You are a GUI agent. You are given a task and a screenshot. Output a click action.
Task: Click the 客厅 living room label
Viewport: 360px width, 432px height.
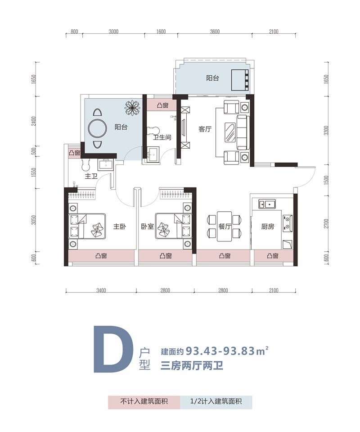click(205, 129)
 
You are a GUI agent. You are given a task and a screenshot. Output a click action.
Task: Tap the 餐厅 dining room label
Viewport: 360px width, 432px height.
click(225, 227)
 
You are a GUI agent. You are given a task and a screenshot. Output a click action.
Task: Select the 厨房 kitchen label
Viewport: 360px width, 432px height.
click(268, 227)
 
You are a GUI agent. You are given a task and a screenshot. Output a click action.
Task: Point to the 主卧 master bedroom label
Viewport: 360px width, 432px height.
click(120, 227)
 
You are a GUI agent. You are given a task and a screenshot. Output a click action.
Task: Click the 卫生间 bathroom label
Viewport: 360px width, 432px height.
click(162, 137)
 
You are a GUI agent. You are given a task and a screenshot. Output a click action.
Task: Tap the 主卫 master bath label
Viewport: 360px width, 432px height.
click(91, 176)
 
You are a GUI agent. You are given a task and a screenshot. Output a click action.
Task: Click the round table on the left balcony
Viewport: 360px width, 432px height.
click(98, 128)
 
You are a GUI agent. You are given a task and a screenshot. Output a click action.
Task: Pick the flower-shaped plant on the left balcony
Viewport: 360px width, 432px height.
click(132, 108)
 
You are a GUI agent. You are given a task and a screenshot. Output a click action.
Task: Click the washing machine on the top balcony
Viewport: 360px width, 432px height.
click(240, 80)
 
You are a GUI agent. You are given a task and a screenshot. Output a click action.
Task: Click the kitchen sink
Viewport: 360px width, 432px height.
click(267, 204)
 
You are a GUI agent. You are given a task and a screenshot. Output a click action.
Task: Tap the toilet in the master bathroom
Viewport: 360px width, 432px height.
click(86, 164)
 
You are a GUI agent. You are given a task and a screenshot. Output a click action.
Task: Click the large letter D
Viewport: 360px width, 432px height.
click(113, 349)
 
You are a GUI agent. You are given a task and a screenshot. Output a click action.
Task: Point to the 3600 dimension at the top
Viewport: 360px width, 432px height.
click(215, 32)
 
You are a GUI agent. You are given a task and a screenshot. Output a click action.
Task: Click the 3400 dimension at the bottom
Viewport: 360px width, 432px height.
click(101, 290)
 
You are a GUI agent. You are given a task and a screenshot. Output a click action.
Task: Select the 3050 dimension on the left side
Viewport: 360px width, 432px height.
click(34, 220)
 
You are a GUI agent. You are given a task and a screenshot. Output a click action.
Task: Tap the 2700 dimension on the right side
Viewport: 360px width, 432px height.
click(326, 223)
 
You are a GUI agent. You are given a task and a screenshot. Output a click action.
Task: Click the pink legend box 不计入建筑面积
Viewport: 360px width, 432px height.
click(144, 402)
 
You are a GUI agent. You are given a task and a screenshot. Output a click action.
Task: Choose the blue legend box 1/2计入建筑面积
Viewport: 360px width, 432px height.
click(216, 402)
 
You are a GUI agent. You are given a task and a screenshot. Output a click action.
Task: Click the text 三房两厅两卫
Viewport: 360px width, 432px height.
click(192, 366)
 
